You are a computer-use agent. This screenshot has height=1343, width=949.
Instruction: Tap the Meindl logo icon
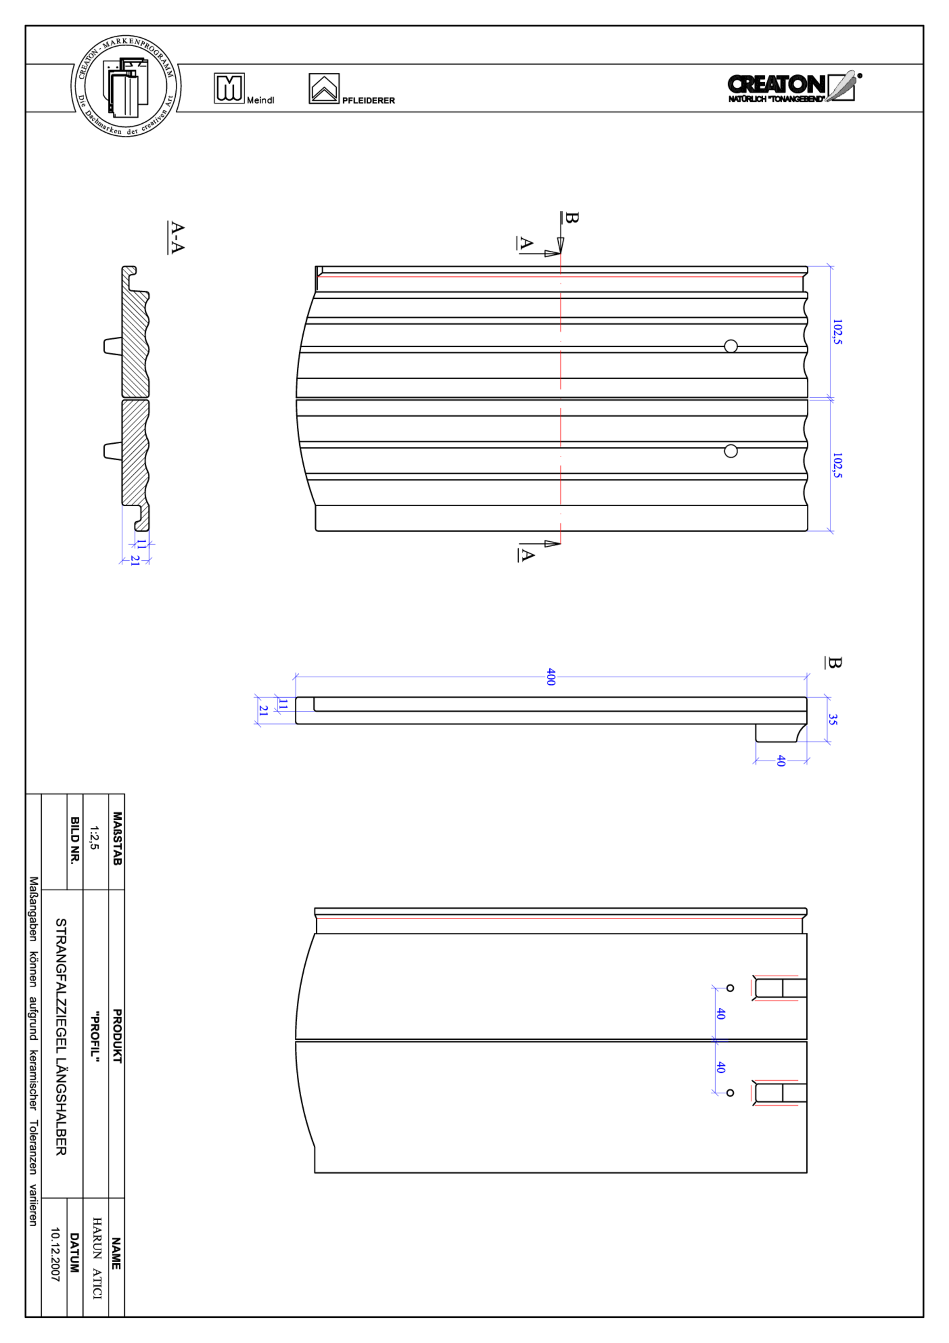pos(229,88)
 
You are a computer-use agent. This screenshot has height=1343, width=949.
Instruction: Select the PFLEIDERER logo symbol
pos(324,89)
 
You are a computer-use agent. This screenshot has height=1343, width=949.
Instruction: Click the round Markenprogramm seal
pos(126,86)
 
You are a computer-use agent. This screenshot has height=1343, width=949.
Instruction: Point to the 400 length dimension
pos(550,677)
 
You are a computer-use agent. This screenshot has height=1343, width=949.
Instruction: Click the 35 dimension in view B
pos(833,719)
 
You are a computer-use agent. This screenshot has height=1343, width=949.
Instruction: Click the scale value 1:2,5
pos(93,838)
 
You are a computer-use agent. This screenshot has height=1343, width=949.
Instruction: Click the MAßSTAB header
pos(117,838)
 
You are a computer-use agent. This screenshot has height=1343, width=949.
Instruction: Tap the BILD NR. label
pos(75,840)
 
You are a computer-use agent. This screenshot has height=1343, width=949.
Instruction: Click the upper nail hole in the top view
pos(730,346)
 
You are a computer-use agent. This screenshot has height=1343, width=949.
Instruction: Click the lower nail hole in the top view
pos(730,451)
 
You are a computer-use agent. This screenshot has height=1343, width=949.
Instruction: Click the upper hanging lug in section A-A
pos(112,346)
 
